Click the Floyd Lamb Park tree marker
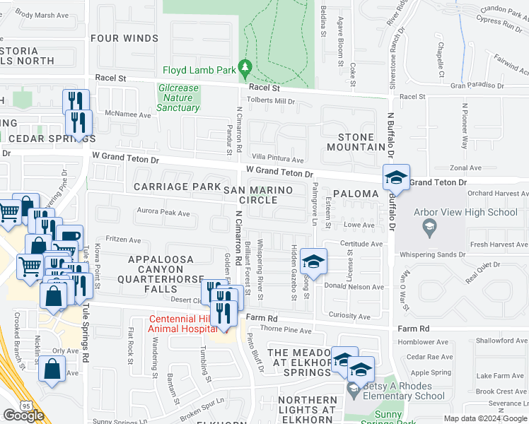(245, 69)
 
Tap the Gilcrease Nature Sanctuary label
(178, 98)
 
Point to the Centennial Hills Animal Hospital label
(182, 324)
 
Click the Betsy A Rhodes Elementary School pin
(353, 389)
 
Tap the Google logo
(23, 415)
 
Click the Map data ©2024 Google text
(485, 417)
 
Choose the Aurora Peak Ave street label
(163, 212)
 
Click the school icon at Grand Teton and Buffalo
(396, 178)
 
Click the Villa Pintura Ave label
(278, 160)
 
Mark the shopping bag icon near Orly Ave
(52, 369)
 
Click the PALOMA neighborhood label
(356, 193)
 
